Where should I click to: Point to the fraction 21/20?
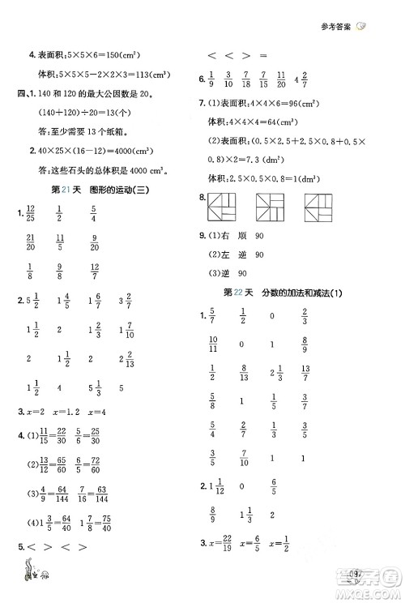pos(30,243)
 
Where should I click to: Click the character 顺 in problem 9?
pos(256,235)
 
